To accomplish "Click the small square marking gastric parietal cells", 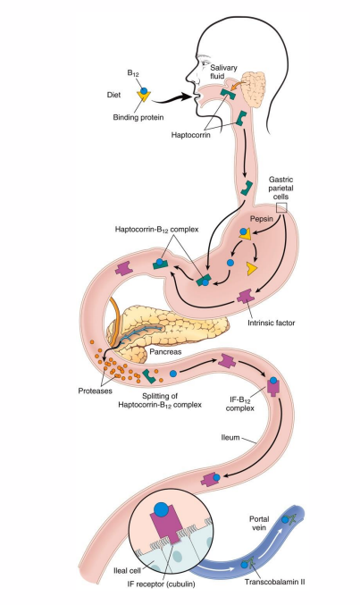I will click(281, 208).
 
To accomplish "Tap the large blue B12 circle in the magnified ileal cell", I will click(161, 510).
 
